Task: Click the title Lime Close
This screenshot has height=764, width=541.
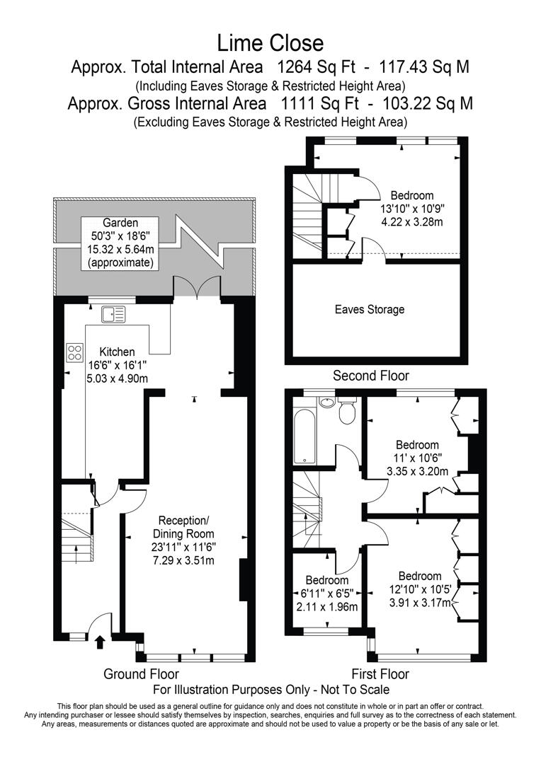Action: click(x=270, y=43)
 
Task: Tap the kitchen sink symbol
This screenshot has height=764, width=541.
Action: click(x=113, y=313)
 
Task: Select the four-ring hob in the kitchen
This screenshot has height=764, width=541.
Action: click(x=75, y=352)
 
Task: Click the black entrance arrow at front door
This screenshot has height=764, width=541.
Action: click(x=99, y=642)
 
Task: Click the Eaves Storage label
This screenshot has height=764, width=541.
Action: click(x=370, y=309)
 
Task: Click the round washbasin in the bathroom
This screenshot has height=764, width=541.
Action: click(x=326, y=403)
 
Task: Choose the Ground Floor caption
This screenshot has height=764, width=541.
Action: click(x=141, y=674)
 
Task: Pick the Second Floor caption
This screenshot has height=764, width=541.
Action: click(x=371, y=376)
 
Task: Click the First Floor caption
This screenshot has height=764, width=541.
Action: click(x=380, y=674)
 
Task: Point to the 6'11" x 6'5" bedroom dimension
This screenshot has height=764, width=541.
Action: click(x=327, y=592)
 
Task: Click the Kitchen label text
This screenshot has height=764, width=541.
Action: click(x=117, y=352)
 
